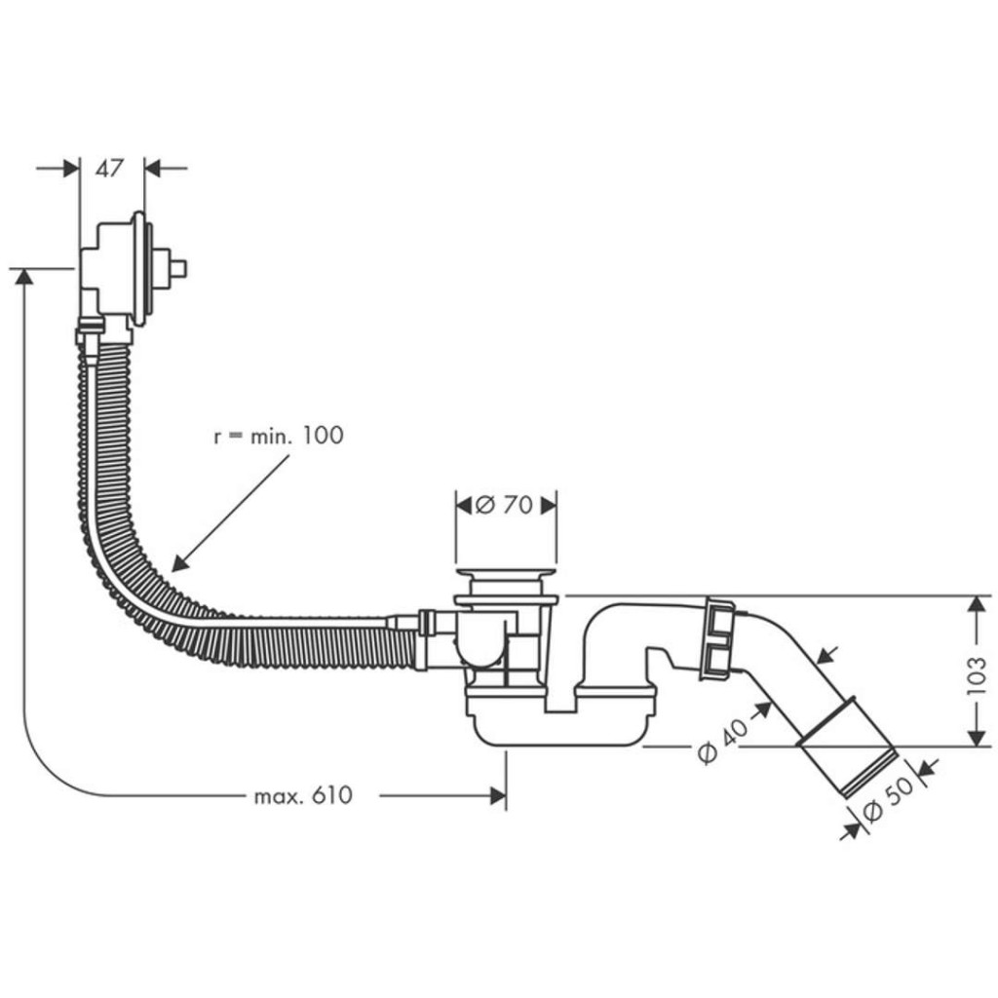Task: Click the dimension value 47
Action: (x=110, y=169)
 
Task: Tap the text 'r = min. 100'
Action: (x=279, y=436)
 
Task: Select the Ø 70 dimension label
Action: (x=506, y=505)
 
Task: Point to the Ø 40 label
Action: (x=720, y=740)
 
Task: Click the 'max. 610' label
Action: (x=303, y=796)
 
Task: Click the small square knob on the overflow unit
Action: (x=178, y=266)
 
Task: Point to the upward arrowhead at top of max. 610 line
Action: (x=23, y=278)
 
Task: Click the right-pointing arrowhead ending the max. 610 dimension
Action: (x=498, y=796)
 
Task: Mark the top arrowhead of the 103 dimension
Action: (x=975, y=604)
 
